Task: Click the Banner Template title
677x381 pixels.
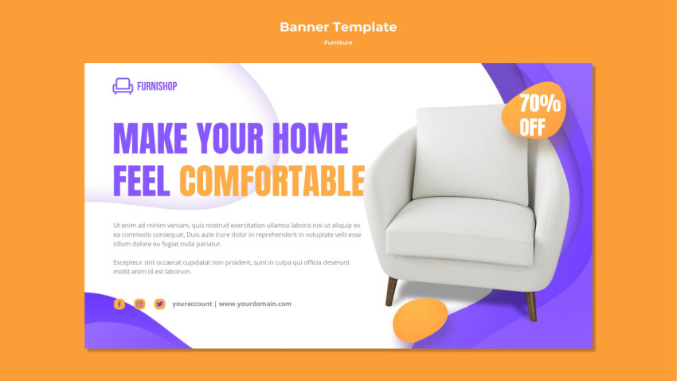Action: [x=338, y=27]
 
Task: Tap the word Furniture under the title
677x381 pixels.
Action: [x=338, y=42]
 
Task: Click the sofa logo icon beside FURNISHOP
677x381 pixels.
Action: [x=123, y=86]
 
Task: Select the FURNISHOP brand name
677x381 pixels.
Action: [x=157, y=86]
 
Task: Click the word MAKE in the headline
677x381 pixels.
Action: [x=151, y=138]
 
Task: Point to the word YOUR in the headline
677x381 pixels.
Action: [x=229, y=138]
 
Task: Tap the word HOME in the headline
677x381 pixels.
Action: [x=310, y=138]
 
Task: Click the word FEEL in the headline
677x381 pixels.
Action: [x=141, y=181]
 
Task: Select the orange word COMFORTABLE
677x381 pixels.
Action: [x=272, y=181]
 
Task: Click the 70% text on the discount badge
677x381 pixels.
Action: [x=540, y=104]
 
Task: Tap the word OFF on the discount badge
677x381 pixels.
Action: [x=532, y=128]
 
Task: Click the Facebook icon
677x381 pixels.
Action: [x=119, y=304]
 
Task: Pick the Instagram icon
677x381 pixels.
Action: [x=139, y=304]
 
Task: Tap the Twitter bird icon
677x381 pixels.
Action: [x=160, y=304]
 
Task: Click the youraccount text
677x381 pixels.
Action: [x=192, y=304]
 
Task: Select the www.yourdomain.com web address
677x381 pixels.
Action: [x=255, y=304]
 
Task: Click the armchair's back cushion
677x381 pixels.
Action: [x=471, y=153]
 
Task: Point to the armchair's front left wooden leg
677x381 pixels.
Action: [x=391, y=292]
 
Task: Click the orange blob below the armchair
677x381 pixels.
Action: [x=420, y=320]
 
